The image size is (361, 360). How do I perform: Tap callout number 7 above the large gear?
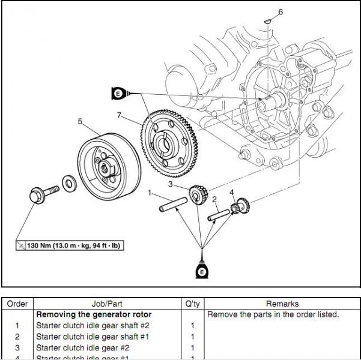click(120, 115)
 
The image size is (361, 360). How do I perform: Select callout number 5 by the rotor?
click(79, 121)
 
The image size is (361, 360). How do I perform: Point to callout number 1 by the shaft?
click(150, 193)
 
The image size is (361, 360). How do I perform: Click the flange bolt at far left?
click(41, 196)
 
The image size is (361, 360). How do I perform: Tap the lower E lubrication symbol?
click(202, 271)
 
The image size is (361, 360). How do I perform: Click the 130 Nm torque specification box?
click(70, 245)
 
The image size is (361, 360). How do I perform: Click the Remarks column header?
click(282, 304)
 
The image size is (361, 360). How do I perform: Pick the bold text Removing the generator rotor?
click(94, 314)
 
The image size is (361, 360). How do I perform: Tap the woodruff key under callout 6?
click(268, 22)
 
